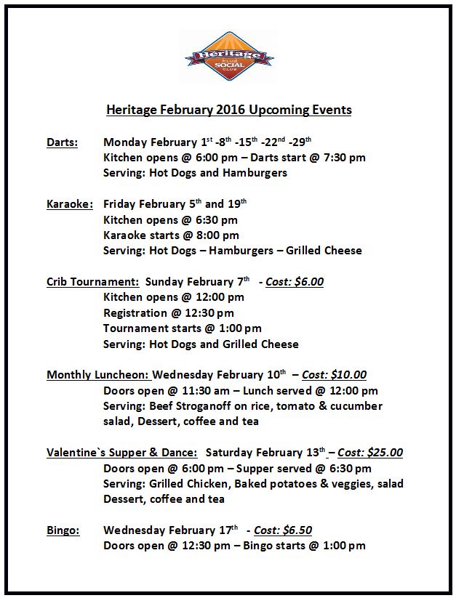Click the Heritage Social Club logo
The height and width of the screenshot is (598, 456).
(228, 57)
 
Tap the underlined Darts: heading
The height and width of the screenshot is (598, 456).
(63, 142)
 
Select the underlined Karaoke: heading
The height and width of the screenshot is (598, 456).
(70, 204)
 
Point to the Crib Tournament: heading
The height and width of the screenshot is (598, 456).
(93, 282)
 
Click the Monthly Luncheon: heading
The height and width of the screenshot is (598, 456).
(98, 376)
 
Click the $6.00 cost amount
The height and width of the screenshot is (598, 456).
(309, 282)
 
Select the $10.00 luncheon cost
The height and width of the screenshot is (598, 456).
(350, 376)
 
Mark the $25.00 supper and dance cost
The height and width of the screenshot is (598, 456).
(386, 453)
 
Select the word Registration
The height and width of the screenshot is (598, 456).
(135, 313)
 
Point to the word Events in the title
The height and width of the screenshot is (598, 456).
(332, 110)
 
